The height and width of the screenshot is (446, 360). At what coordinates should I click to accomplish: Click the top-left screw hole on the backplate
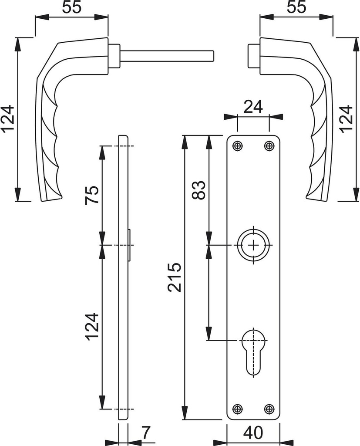click(x=237, y=146)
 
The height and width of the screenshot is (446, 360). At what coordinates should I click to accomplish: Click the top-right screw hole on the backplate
click(x=269, y=146)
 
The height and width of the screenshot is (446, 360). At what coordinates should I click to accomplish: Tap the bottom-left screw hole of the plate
click(x=237, y=409)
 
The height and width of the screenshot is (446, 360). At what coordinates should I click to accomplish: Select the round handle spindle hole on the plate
click(x=253, y=245)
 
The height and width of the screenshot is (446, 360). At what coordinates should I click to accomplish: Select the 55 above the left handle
click(x=71, y=8)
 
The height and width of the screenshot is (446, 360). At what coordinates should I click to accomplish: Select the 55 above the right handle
click(x=297, y=8)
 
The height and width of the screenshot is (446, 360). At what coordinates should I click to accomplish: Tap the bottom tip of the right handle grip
click(x=317, y=199)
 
